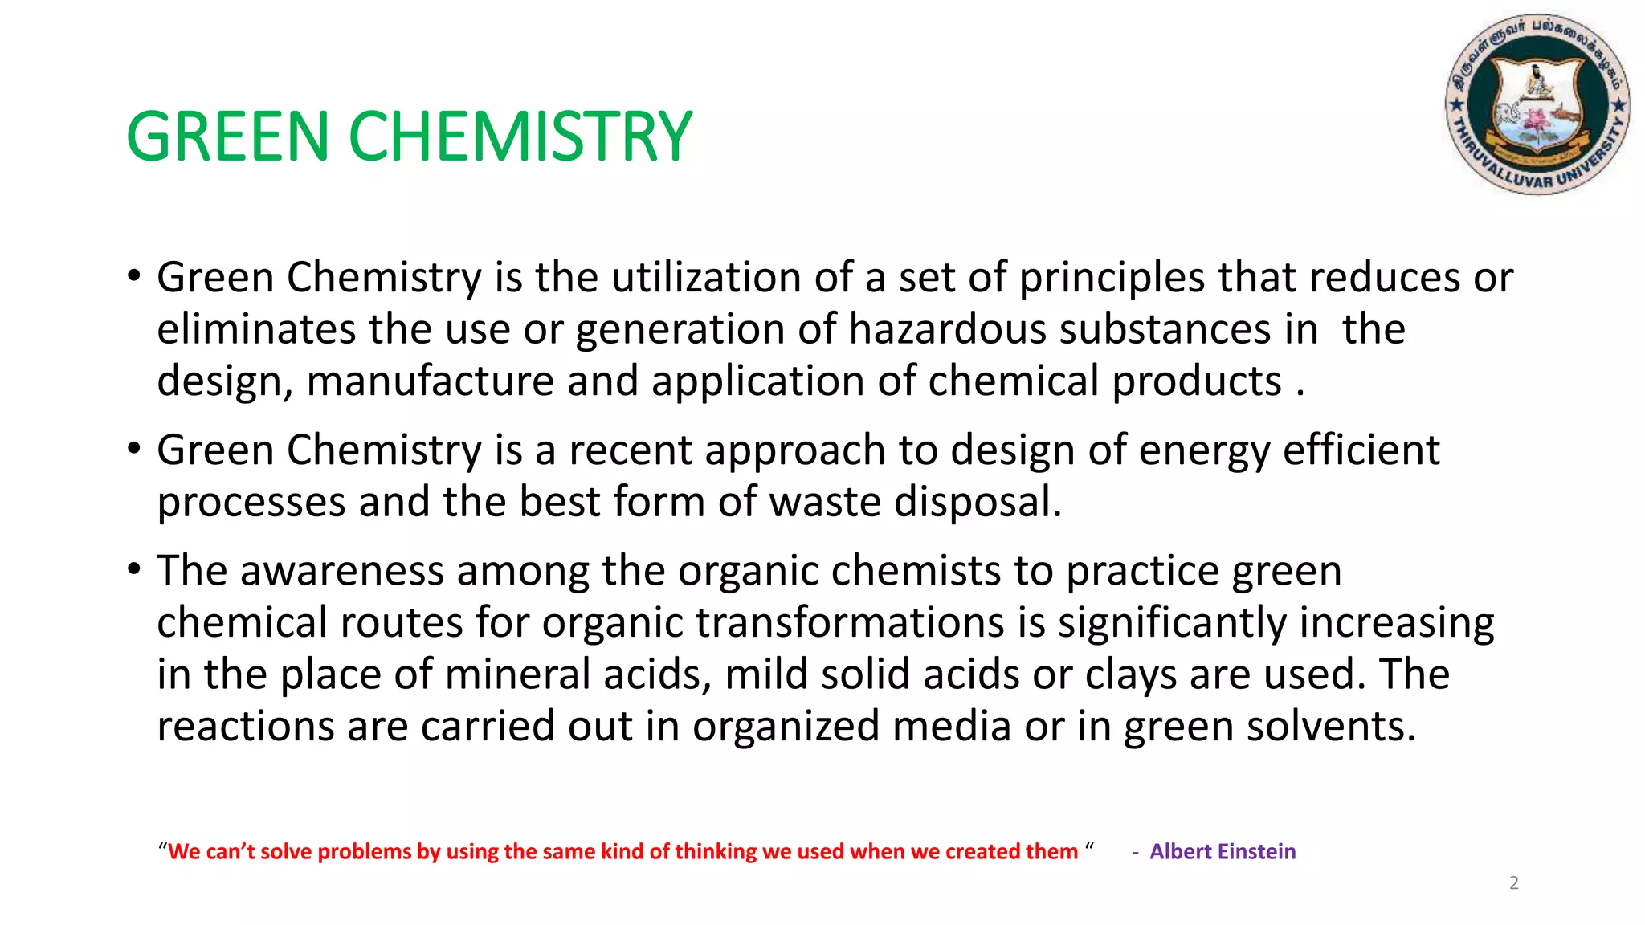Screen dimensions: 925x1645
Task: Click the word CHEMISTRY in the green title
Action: (x=520, y=137)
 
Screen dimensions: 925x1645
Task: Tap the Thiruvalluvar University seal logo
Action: (x=1537, y=104)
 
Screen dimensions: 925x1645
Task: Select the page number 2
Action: (x=1514, y=883)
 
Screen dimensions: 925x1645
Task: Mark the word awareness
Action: (x=341, y=571)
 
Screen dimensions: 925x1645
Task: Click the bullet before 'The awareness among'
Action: (x=134, y=570)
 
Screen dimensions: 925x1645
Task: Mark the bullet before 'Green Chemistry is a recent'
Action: (x=134, y=449)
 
